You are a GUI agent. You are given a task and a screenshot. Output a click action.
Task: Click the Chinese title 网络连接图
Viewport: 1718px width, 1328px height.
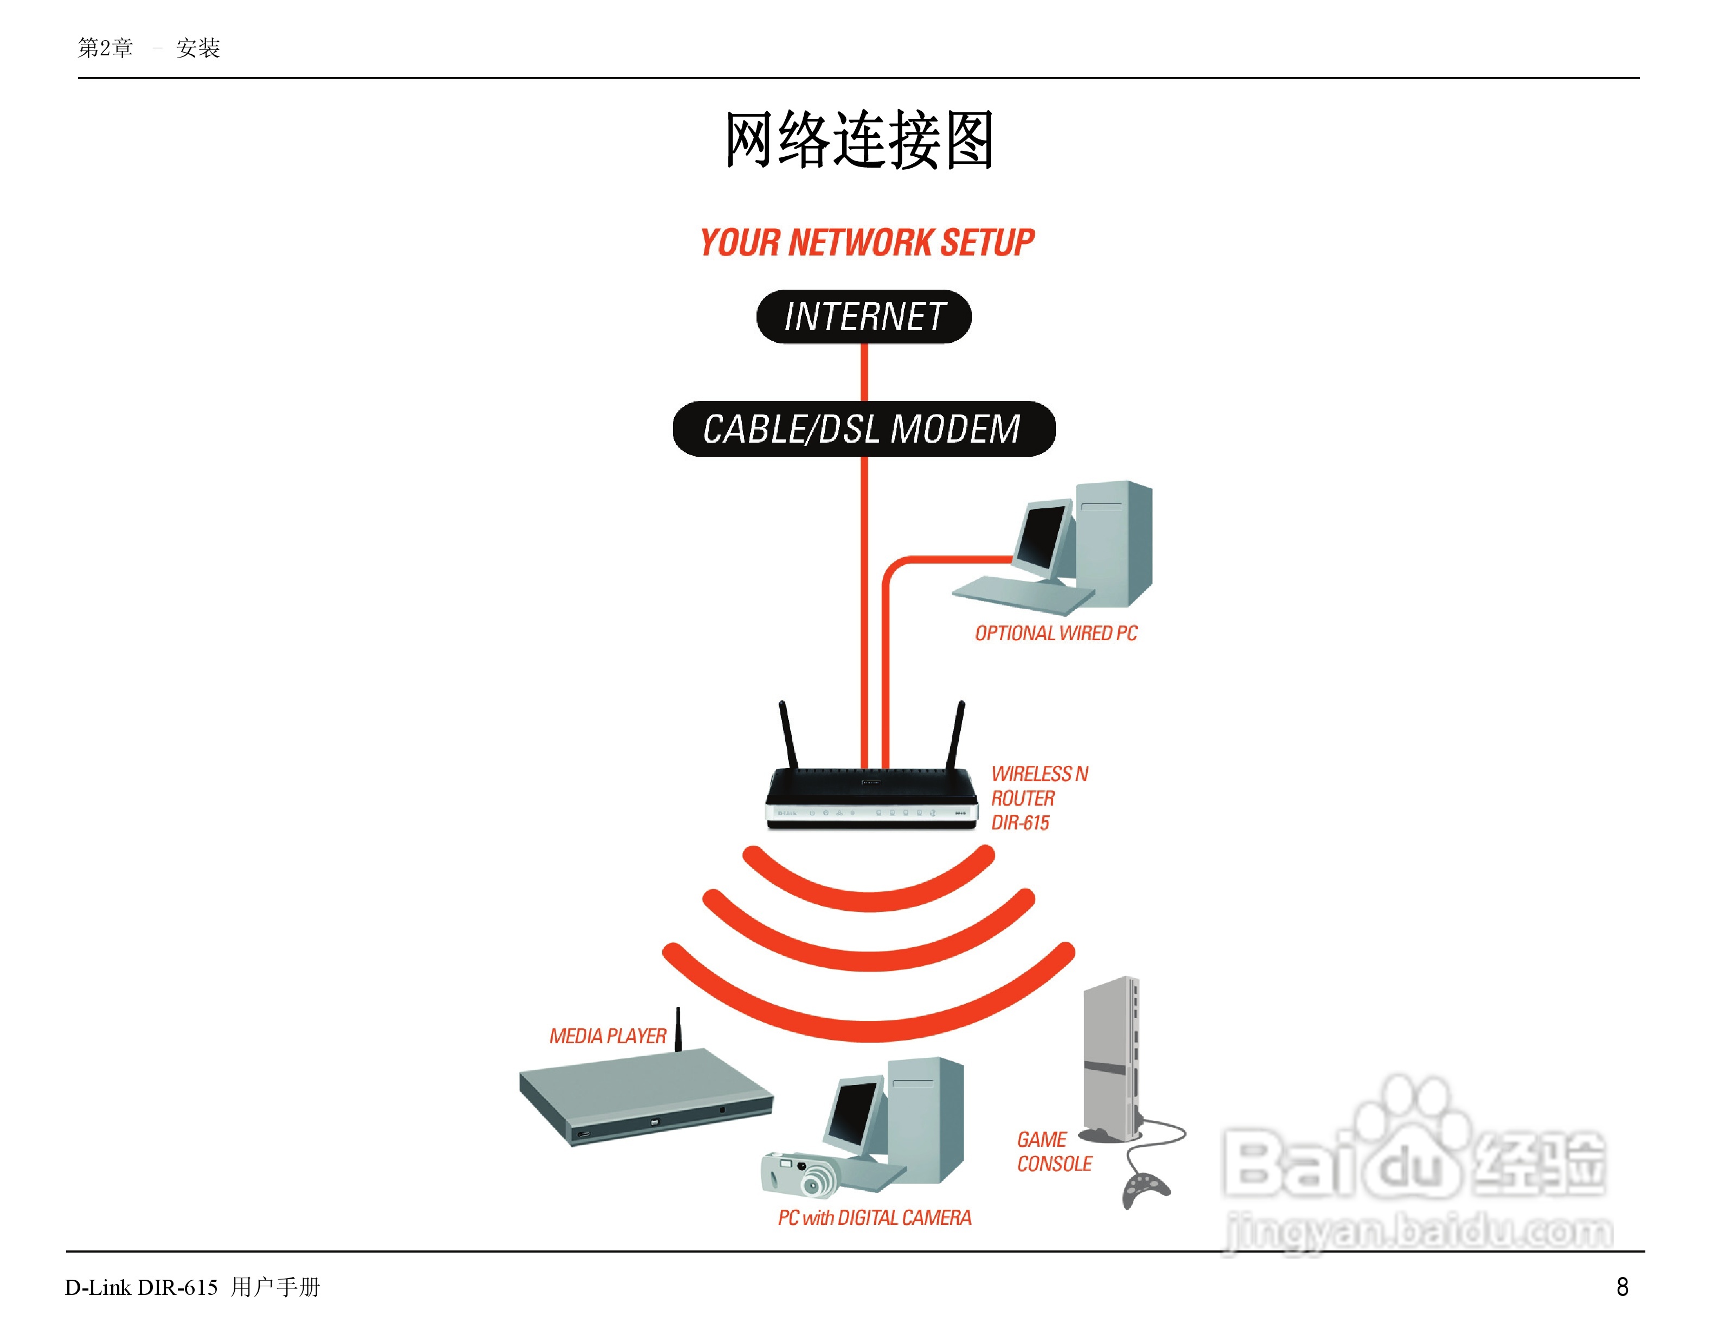(x=859, y=140)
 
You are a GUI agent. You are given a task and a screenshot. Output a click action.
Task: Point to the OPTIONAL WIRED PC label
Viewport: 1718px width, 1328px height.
(x=1056, y=633)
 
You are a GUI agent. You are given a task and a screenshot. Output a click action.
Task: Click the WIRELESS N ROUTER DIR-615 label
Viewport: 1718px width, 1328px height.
(x=1039, y=798)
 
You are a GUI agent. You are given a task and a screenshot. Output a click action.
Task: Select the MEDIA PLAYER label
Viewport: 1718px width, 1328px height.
(x=607, y=1036)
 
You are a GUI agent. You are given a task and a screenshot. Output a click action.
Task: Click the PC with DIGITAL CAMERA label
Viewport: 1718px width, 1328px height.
(x=874, y=1218)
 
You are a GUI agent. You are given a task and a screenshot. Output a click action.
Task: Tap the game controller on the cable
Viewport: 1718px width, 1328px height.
(x=1145, y=1188)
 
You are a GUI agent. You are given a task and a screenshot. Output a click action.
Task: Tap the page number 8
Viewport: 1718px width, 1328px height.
(x=1622, y=1287)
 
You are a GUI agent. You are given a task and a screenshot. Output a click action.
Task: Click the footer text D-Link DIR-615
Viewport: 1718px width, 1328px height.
(x=141, y=1288)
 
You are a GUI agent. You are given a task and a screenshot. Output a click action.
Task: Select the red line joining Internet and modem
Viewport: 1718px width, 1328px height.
(x=864, y=372)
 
